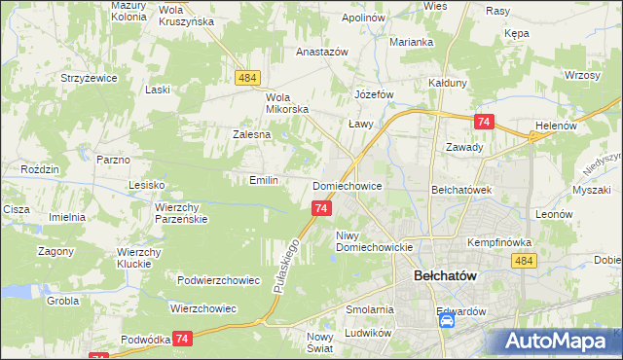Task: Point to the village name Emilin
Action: tap(264, 180)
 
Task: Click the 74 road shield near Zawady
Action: tap(484, 121)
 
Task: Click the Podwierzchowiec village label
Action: tap(218, 280)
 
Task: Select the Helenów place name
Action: tap(557, 126)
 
